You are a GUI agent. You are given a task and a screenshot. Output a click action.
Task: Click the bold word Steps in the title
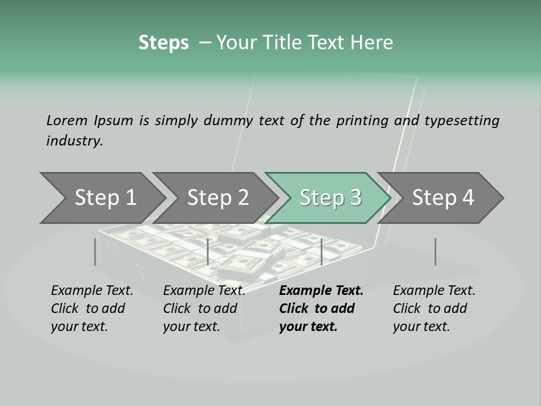[163, 42]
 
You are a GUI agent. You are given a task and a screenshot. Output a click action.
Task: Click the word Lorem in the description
[66, 120]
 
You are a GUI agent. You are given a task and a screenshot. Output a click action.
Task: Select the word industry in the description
[74, 140]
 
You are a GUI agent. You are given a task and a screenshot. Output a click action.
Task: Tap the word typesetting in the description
[462, 120]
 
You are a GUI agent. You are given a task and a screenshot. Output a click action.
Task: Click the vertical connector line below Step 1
[95, 251]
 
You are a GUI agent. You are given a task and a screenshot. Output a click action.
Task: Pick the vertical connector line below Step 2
[208, 251]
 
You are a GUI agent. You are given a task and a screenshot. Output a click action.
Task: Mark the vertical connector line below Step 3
[321, 251]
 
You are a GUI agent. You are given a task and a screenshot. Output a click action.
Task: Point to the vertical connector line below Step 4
[435, 251]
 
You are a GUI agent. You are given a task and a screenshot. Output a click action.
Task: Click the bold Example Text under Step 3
[321, 291]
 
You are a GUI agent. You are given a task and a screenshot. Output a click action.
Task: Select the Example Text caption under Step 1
[92, 291]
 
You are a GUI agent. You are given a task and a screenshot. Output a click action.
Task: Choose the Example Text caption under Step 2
[204, 291]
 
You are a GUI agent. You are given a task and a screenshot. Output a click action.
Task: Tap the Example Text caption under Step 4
[434, 291]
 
